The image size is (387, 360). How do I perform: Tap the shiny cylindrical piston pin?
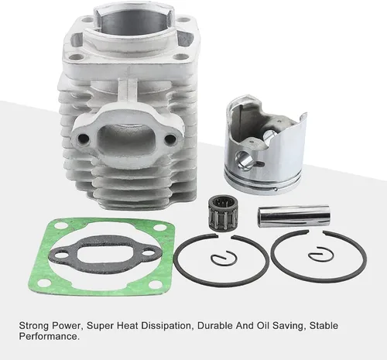pyautogui.click(x=293, y=216)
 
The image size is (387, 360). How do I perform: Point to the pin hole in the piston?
pyautogui.click(x=244, y=158)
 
